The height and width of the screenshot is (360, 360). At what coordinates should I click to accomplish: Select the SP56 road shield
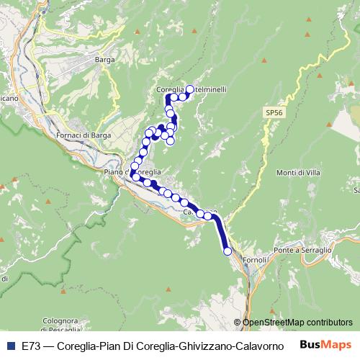click(x=273, y=113)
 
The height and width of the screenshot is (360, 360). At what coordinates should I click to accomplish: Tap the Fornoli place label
click(x=256, y=258)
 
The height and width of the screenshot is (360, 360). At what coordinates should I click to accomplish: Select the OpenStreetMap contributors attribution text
click(x=297, y=322)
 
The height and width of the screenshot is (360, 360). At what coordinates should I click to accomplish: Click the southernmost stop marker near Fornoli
click(x=228, y=251)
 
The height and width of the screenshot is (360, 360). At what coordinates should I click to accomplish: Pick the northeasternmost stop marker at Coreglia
click(x=190, y=89)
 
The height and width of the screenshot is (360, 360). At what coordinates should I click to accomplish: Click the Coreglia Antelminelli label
click(x=192, y=89)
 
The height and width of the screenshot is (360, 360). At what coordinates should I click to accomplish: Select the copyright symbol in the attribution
click(x=238, y=322)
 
